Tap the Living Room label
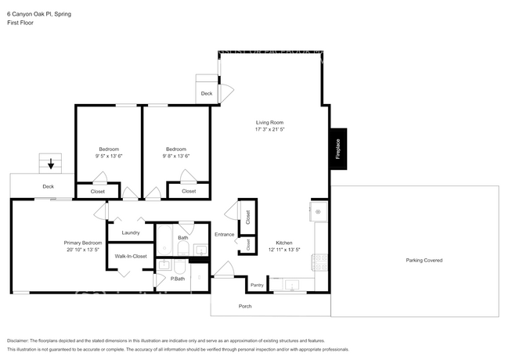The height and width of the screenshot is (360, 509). coord(269,122)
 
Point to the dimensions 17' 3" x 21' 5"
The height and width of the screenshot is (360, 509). coord(269,130)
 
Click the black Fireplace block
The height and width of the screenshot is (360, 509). coord(338,149)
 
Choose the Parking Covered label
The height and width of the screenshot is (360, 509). coord(424,260)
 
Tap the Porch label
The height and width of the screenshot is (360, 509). coord(245,305)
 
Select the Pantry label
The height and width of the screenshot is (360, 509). coord(255,285)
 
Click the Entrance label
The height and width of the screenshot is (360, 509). coord(226,235)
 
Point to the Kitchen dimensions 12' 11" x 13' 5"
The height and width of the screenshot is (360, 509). coord(283,250)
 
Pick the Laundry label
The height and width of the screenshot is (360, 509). coord(131,232)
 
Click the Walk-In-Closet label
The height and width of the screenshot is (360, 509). coord(131,256)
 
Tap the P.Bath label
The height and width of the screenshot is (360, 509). coord(179,279)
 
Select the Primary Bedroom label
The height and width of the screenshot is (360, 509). coord(82,243)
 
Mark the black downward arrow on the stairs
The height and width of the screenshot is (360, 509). coord(52,164)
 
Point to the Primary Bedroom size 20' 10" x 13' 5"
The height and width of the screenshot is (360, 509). coord(82,250)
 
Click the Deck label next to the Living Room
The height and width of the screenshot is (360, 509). coord(207,93)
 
